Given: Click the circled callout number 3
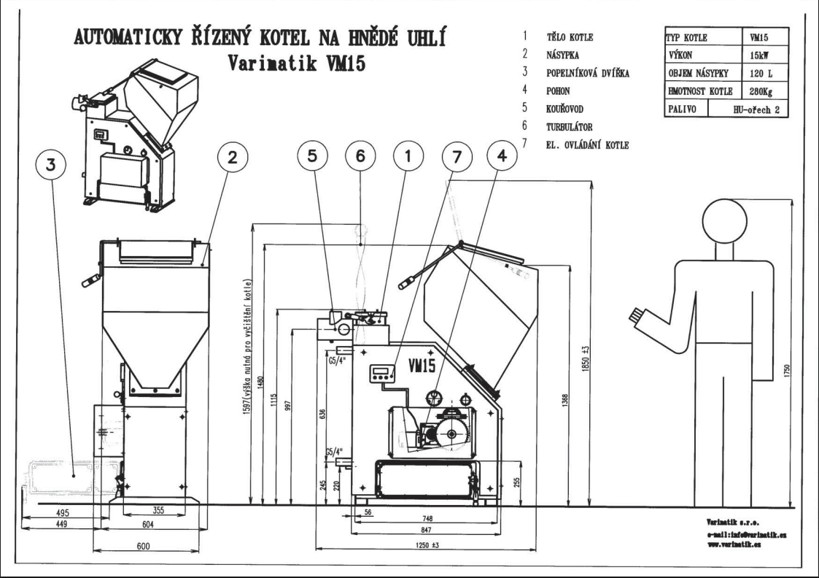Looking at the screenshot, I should pos(50,166).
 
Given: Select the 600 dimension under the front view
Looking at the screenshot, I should pos(143,547).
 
